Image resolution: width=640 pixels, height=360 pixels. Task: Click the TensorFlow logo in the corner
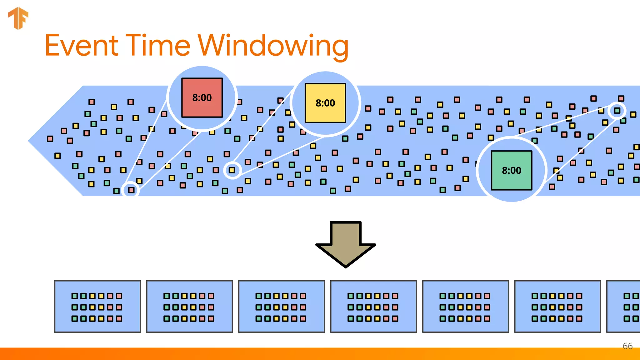coord(18,18)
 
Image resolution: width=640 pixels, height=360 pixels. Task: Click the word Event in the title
coord(82,46)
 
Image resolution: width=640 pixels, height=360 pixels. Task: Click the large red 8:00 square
coord(202,97)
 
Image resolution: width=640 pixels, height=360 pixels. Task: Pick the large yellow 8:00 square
coord(325,103)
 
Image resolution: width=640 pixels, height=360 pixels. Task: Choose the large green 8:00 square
coord(512,170)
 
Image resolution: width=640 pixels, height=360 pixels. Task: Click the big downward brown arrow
coord(346,244)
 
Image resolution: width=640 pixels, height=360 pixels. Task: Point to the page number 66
coord(627,346)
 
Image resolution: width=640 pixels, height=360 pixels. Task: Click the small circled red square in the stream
coord(131,190)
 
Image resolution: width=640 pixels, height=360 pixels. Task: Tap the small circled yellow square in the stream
coord(232,170)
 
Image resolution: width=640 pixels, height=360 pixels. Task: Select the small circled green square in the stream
coord(617,110)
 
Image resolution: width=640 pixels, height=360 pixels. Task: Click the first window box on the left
coord(97,306)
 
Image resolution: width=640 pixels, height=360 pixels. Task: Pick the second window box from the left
coord(189,306)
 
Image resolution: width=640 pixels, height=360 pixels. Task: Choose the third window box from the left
coord(281,306)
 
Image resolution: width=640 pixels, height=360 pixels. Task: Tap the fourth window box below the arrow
coord(373,306)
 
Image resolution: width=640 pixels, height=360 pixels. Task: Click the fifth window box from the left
coord(465,306)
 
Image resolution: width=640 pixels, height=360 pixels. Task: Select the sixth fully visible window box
coord(557,306)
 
